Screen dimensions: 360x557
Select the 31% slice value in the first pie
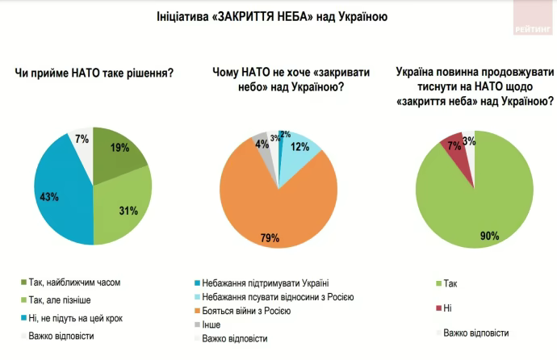128,211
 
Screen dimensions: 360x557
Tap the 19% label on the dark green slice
119,149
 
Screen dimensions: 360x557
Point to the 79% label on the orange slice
270,238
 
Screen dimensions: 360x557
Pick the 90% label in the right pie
489,236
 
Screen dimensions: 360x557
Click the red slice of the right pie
451,146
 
